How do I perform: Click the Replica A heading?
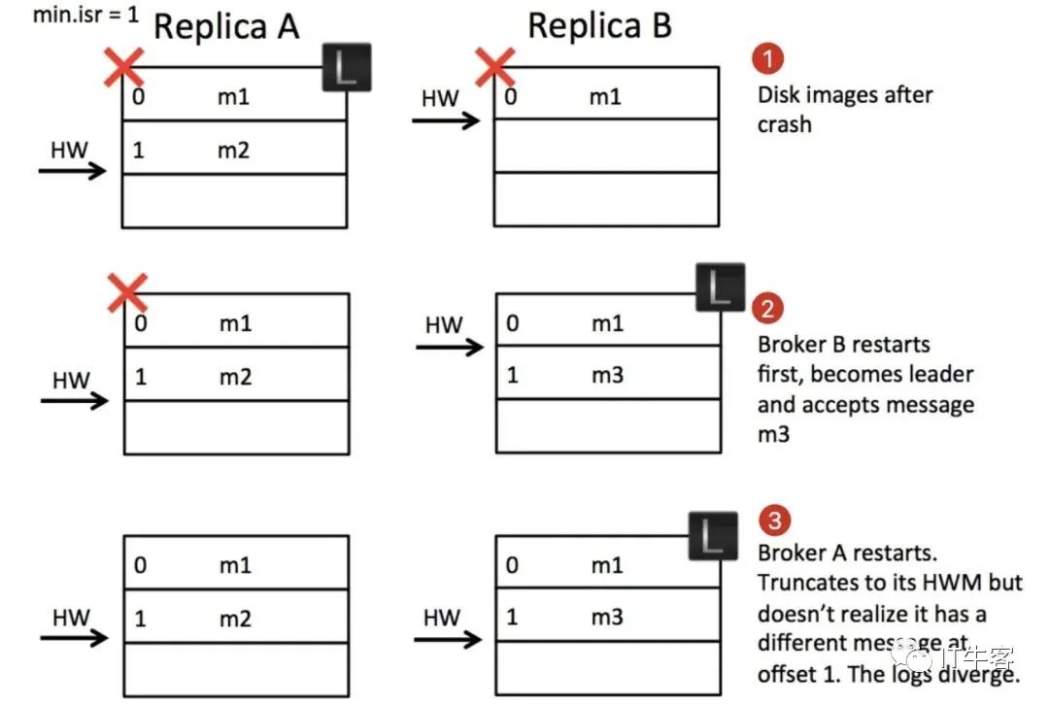tap(226, 27)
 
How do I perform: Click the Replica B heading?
tap(599, 26)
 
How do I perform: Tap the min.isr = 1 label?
tap(72, 16)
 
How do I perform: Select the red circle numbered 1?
tap(768, 59)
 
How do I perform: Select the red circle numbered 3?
tap(774, 520)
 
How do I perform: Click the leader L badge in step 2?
tap(720, 287)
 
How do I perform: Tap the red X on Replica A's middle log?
tap(126, 292)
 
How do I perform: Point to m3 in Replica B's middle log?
tap(607, 375)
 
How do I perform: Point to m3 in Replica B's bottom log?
tap(607, 618)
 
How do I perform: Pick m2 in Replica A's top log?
tap(234, 151)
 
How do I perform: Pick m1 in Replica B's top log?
tap(605, 96)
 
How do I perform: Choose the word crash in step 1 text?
tap(784, 124)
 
